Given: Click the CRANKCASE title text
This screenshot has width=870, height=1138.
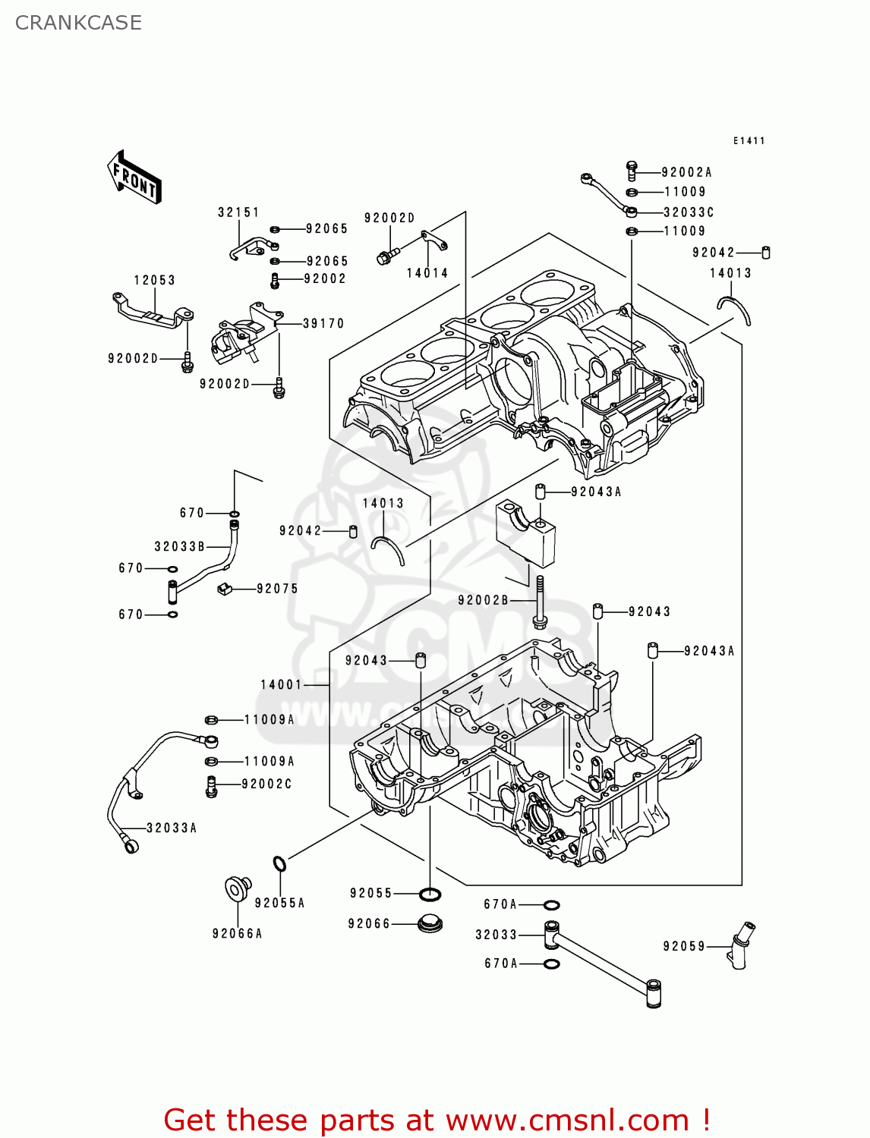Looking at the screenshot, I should pyautogui.click(x=78, y=23).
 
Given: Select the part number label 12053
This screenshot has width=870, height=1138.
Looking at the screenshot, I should pyautogui.click(x=154, y=280).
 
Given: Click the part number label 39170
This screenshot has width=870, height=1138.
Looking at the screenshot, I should pyautogui.click(x=323, y=323).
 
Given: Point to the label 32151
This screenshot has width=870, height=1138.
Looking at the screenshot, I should pyautogui.click(x=238, y=212).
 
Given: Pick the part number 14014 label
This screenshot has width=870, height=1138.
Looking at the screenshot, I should pyautogui.click(x=427, y=273).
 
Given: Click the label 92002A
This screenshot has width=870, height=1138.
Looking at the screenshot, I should pyautogui.click(x=686, y=172).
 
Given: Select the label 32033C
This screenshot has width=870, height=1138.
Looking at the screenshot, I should pyautogui.click(x=689, y=212).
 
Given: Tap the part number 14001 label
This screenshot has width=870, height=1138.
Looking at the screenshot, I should pyautogui.click(x=282, y=684).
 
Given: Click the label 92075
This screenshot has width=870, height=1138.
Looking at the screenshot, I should pyautogui.click(x=277, y=589).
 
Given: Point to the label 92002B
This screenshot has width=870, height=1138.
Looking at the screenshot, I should pyautogui.click(x=483, y=600).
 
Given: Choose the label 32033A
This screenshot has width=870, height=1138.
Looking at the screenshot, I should pyautogui.click(x=172, y=828).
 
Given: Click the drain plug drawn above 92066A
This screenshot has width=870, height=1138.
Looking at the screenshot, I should pyautogui.click(x=238, y=888).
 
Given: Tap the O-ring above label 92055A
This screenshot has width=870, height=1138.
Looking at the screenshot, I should pyautogui.click(x=279, y=863).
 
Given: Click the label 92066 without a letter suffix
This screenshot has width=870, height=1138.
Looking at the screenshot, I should pyautogui.click(x=369, y=923).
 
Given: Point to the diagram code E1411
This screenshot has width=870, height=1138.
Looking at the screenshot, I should pyautogui.click(x=749, y=141).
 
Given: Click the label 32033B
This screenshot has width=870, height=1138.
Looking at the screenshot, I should pyautogui.click(x=179, y=546).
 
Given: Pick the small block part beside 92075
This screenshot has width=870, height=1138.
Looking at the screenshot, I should pyautogui.click(x=224, y=588).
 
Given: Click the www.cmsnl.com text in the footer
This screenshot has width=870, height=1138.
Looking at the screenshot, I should pyautogui.click(x=567, y=1120).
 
